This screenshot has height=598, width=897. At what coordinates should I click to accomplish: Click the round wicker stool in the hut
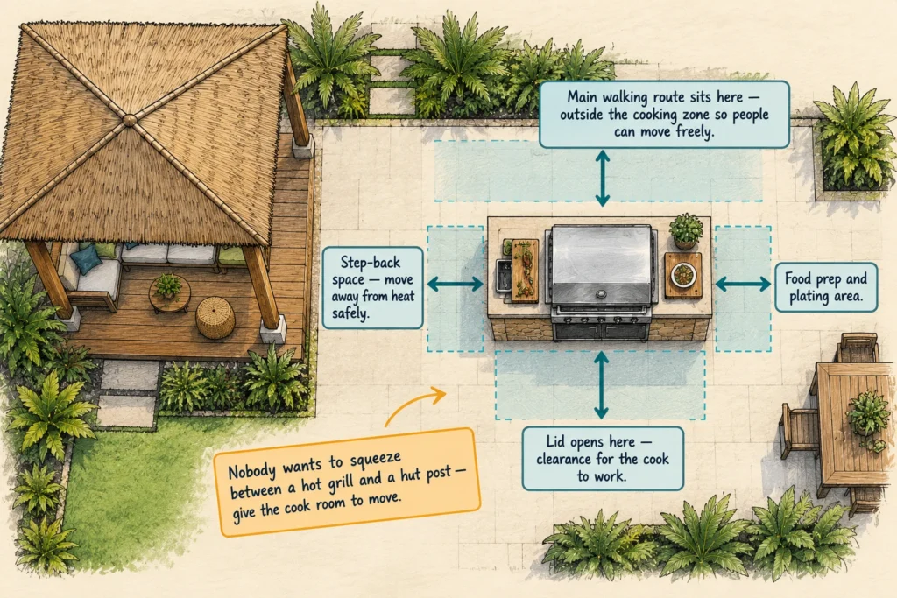[x=215, y=319]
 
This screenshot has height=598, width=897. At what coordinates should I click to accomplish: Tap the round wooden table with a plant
[x=169, y=293]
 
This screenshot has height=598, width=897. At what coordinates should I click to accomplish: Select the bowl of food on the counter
[x=682, y=274]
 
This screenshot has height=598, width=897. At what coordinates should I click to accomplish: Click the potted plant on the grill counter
[x=685, y=230]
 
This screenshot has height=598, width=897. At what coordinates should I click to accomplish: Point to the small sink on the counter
[x=503, y=277]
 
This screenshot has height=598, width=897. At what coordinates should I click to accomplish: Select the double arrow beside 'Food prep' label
[x=743, y=284]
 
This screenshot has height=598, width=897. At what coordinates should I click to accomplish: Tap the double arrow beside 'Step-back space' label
[x=455, y=284]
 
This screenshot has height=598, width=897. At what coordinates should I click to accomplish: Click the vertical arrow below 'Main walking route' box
[x=602, y=178]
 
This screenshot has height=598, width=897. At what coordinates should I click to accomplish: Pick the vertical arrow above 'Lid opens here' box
[x=601, y=385]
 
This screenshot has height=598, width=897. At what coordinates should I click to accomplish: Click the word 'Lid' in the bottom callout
[x=555, y=440]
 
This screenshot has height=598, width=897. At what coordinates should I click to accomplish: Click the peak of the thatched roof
[x=130, y=119]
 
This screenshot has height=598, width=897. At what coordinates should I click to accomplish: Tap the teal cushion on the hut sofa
[x=86, y=258]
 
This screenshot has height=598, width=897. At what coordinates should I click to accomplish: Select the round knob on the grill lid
[x=601, y=294]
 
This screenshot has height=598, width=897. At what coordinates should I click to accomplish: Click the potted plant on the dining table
[x=868, y=414]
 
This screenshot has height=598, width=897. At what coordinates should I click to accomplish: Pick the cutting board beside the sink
[x=526, y=270]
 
